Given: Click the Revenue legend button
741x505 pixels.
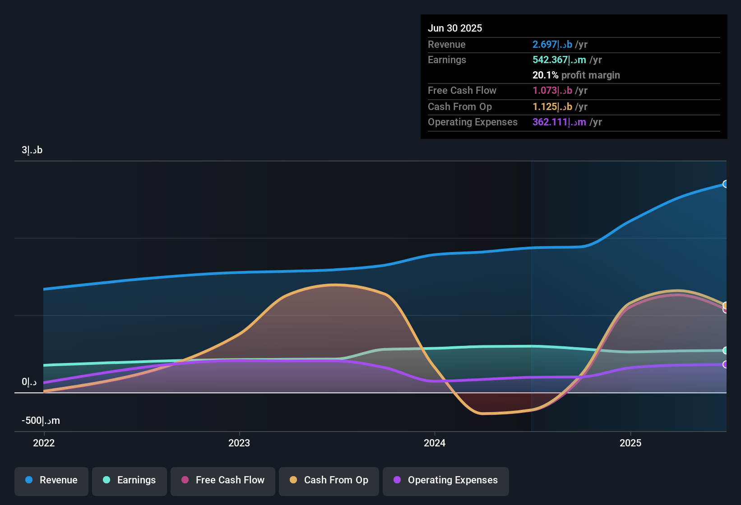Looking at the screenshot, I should point(51,480).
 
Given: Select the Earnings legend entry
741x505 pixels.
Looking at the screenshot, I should point(130,480).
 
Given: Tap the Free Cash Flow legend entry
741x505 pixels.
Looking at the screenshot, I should point(223,480).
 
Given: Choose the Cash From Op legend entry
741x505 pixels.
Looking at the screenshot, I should point(329,480).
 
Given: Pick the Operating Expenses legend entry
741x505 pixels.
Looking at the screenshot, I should point(446,480).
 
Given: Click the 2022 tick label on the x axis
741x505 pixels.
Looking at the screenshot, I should point(44,443).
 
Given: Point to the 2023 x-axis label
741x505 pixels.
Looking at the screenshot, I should point(239,443).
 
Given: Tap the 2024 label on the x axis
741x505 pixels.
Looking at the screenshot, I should point(435,443).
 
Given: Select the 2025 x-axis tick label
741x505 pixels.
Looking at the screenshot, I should point(630,443).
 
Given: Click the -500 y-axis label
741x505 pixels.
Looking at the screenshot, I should point(41,421).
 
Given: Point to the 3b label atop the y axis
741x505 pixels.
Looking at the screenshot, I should point(32,150).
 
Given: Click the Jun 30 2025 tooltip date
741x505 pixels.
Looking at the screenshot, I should point(455,28).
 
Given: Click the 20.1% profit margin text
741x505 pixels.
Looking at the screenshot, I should point(576,75).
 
